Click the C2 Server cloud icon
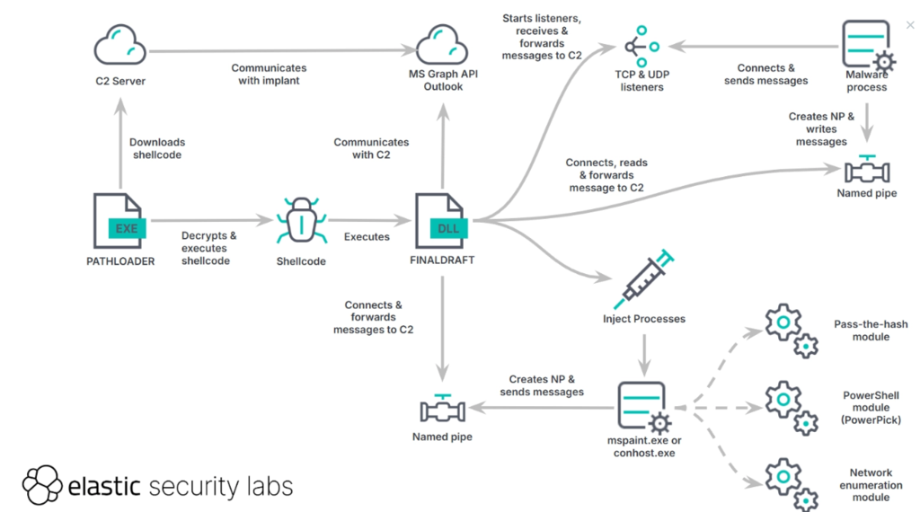point(119,45)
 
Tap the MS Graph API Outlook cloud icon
point(442,45)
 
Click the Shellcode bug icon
point(301,220)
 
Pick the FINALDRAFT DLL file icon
point(441,221)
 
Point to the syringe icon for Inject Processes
point(643,279)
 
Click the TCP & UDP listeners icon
point(641,47)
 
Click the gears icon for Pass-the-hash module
point(791,331)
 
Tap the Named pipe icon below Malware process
point(867,170)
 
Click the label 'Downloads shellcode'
point(157,148)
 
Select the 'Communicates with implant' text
point(269,75)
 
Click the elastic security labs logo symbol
point(42,485)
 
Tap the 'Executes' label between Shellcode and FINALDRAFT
point(367,237)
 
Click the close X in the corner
point(910,24)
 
